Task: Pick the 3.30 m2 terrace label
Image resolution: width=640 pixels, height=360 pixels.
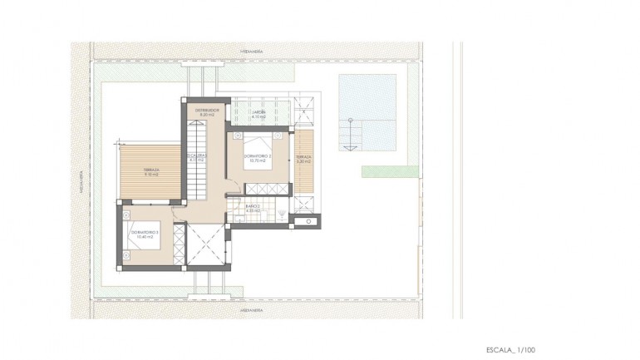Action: click(303, 159)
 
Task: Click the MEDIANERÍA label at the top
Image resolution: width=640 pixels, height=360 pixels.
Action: click(251, 51)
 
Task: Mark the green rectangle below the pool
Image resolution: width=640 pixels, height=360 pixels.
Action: click(389, 171)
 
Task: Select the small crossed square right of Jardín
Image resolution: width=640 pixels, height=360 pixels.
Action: click(303, 106)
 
